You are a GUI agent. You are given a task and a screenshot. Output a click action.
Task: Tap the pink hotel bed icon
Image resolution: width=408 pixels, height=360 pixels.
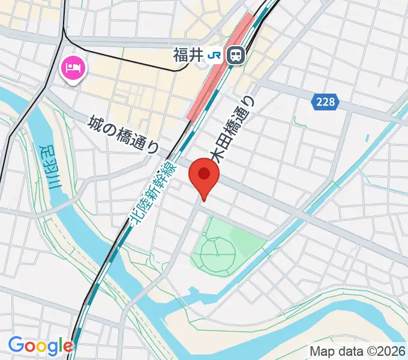point(73,68)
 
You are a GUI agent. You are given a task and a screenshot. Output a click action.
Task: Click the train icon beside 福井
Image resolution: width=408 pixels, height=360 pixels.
point(237,56)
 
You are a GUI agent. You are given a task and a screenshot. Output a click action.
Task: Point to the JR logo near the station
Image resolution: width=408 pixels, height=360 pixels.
point(214,56)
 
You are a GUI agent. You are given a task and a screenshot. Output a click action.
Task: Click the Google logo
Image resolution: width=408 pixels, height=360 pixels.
point(40,346)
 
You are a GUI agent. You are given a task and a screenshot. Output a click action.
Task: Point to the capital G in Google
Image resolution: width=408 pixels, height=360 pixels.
point(14,346)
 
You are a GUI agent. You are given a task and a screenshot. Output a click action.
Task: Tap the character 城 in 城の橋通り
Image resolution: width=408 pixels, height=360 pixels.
point(94,122)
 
